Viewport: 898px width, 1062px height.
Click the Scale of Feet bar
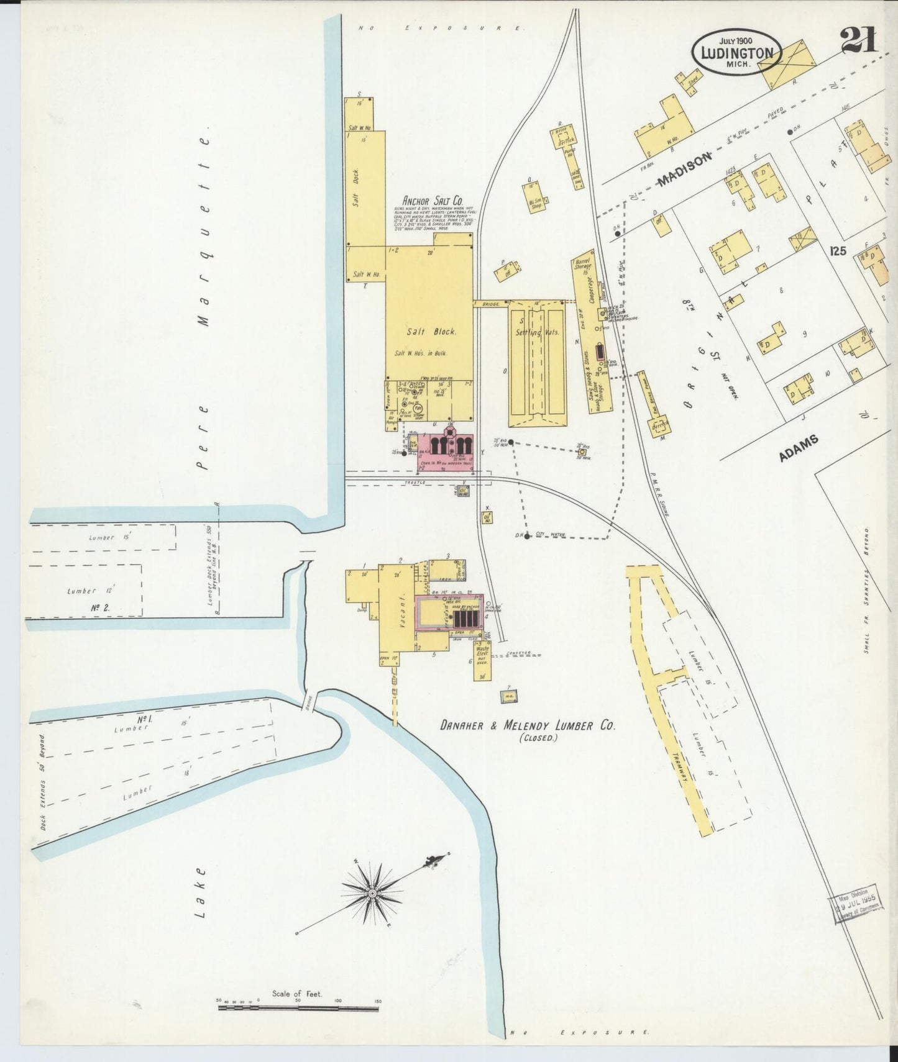point(298,1008)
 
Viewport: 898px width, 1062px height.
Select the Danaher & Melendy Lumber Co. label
point(528,725)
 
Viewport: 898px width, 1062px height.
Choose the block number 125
point(838,252)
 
